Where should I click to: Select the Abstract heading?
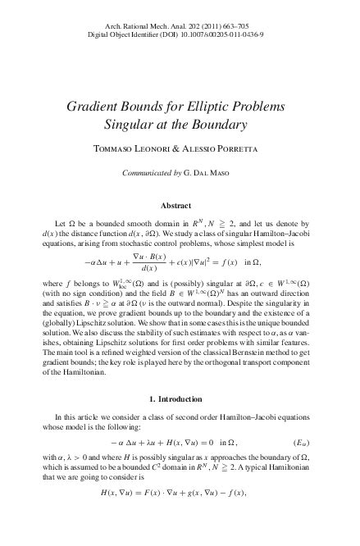pos(180,205)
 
